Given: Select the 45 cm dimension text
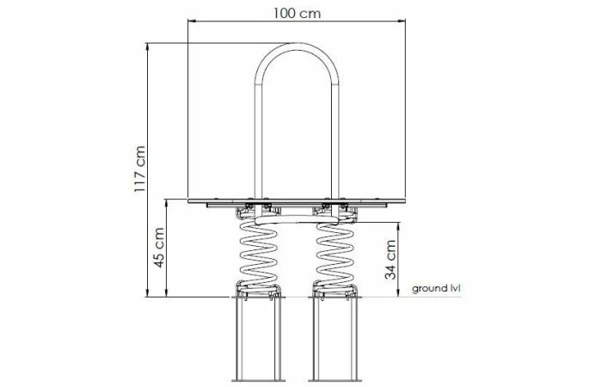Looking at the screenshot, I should point(160,248).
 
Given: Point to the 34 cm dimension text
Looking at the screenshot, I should point(391,258).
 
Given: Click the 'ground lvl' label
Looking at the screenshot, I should point(437,288).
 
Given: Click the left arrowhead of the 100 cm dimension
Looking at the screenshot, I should point(192,21).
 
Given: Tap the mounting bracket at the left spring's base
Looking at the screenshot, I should point(257,292).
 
